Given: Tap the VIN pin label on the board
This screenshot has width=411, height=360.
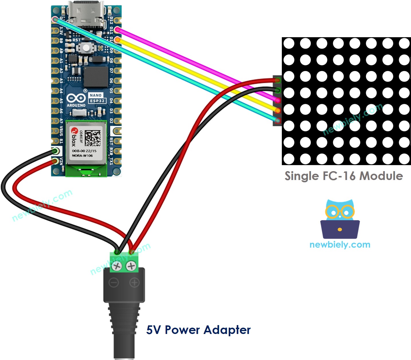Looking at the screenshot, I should point(61,161).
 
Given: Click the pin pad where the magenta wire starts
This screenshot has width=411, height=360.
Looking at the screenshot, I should point(117,29).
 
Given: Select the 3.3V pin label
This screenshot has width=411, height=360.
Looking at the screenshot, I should point(61,31).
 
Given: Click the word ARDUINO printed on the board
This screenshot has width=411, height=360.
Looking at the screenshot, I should point(76,105).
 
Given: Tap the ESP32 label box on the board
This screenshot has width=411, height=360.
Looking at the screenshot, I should point(97,101).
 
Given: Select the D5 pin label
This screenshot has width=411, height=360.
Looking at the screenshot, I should point(111,91).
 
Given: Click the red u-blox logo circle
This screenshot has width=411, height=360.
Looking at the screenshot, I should point(74,131).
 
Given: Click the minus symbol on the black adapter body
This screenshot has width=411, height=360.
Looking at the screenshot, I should point(114,283).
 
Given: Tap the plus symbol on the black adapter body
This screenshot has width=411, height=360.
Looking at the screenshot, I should point(134,283).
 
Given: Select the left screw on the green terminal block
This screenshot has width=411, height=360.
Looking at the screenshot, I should point(117,266).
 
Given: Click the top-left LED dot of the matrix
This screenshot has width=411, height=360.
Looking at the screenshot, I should point(289,44).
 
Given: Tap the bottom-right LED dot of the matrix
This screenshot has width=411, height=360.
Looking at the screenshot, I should point(404,159).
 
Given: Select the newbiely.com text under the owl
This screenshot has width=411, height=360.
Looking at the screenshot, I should point(340,245).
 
